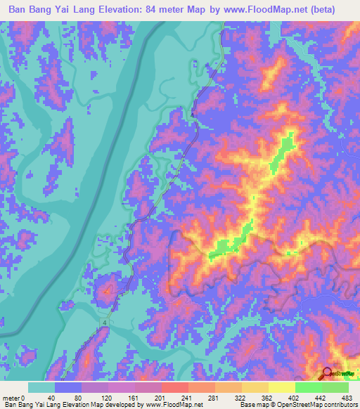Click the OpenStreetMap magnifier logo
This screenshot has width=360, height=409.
[x=327, y=375]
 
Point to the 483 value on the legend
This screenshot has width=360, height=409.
[x=347, y=396]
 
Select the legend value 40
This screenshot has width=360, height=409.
[x=51, y=396]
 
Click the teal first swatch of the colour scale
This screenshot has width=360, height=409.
[x=41, y=387]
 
